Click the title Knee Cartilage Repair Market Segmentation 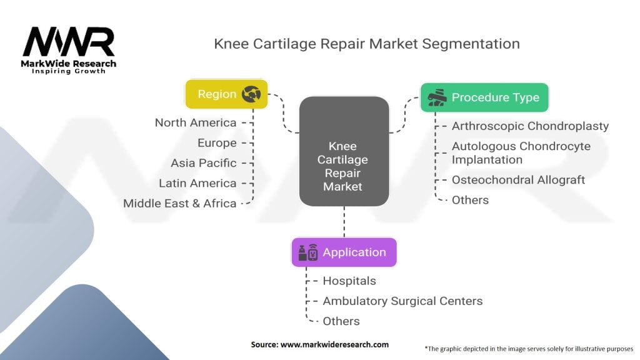point(367,44)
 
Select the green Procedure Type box point(484,97)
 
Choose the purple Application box point(344,252)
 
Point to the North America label point(196,122)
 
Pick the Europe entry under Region point(217,142)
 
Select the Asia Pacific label point(204,162)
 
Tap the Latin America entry point(197,183)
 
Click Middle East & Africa point(180,203)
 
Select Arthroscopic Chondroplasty point(530,126)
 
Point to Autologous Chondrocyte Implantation point(521,152)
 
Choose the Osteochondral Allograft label point(518,179)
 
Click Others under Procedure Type point(470,200)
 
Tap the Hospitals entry point(349,281)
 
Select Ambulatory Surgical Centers point(402,301)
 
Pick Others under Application point(341,321)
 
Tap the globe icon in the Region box point(252,94)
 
